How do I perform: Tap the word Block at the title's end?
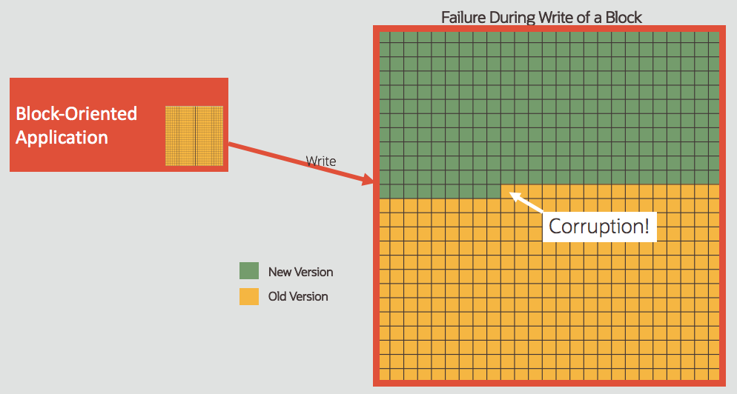click(x=623, y=16)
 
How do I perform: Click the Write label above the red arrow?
click(x=321, y=161)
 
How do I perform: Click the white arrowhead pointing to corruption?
click(x=512, y=194)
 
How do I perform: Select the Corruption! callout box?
click(x=599, y=226)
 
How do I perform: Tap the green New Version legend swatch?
click(x=249, y=272)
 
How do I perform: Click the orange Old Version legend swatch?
click(x=249, y=296)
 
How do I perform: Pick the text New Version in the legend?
click(x=300, y=272)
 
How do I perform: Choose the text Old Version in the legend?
click(x=298, y=296)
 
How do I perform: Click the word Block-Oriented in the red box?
click(x=76, y=113)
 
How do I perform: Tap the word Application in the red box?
click(x=62, y=137)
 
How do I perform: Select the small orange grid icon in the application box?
click(x=194, y=135)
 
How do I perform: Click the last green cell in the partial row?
click(x=495, y=191)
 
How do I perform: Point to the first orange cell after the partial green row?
click(x=508, y=191)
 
